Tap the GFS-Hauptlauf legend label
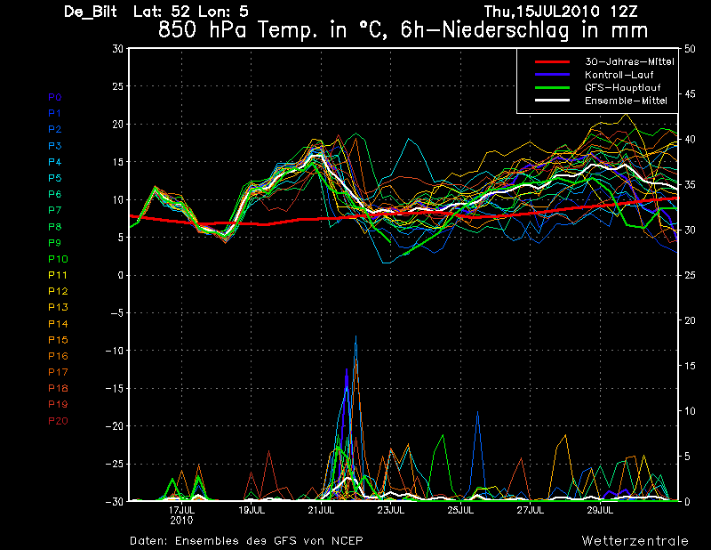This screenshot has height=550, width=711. pos(619,88)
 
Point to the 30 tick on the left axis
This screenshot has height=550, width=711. pos(117,49)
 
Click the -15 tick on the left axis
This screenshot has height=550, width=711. pos(114,389)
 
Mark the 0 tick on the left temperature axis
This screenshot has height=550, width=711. pos(120,276)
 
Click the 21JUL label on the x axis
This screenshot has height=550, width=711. pos(322,511)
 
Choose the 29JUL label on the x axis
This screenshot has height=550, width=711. pos(600,511)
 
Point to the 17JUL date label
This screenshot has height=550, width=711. pos(182,511)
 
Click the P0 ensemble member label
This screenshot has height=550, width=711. pos(55,97)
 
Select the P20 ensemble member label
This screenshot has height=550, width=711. pos(58,421)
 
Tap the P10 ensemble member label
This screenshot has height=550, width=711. pos(58,259)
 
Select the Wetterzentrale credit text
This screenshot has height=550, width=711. pos(635,541)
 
